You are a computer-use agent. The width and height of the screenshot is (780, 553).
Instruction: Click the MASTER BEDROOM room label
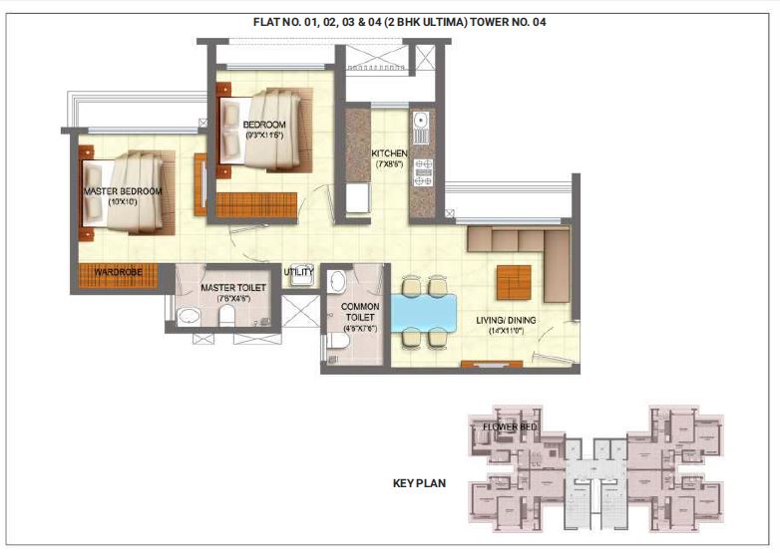124,190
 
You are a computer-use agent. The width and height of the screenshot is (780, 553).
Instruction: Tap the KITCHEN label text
389,153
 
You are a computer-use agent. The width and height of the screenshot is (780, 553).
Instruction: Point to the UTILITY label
298,271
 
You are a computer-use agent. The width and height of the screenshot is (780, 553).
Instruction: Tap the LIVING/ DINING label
506,320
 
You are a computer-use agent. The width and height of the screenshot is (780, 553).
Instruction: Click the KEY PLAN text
419,484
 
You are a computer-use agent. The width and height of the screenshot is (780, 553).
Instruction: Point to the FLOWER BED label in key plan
510,427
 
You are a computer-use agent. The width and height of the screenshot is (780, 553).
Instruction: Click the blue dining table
423,312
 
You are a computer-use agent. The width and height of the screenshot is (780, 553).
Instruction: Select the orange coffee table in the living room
514,283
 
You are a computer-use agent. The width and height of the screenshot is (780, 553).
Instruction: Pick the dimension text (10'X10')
124,203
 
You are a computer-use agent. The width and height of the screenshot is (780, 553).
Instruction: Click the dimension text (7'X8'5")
389,165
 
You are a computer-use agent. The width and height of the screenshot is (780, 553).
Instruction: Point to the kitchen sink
421,127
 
